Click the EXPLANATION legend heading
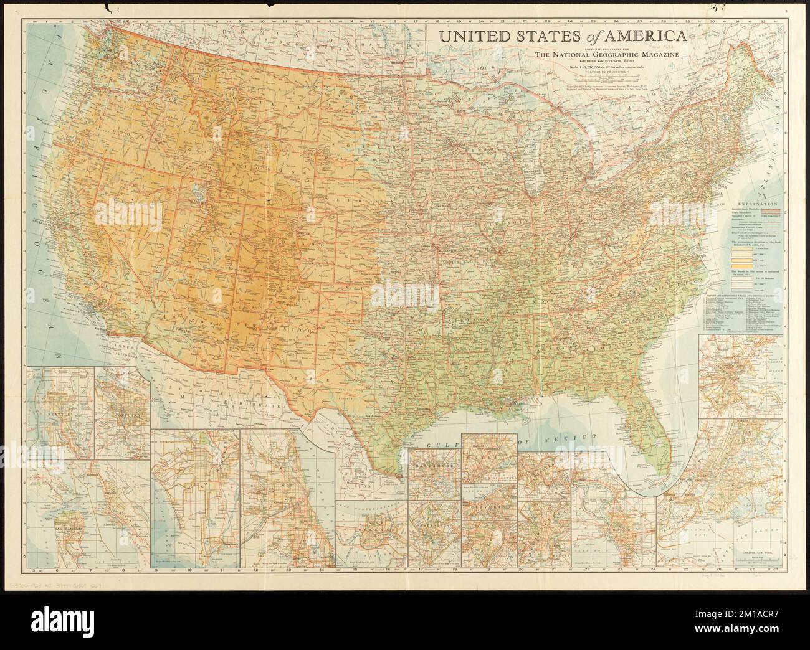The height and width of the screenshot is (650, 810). (x=756, y=204)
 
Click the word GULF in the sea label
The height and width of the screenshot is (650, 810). (x=439, y=443)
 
